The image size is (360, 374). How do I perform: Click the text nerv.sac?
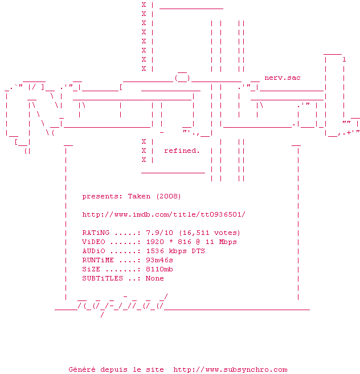[x=283, y=78]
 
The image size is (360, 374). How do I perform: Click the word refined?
[x=182, y=151]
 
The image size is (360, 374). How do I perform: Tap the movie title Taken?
[x=139, y=196]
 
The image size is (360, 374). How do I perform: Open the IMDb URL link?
[x=163, y=214]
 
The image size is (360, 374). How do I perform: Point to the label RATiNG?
[x=96, y=233]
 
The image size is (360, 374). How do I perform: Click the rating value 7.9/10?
[x=160, y=233]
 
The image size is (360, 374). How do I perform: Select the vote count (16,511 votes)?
[x=210, y=233]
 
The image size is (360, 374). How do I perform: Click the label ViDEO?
[x=93, y=242]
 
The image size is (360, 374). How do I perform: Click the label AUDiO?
[x=93, y=251]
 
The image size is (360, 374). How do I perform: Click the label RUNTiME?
[x=98, y=260]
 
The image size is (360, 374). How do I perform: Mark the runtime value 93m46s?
[x=159, y=260]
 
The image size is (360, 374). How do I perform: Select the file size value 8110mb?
[x=159, y=269]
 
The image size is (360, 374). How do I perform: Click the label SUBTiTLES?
[x=103, y=278]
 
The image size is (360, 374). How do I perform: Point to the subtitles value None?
[x=155, y=278]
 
